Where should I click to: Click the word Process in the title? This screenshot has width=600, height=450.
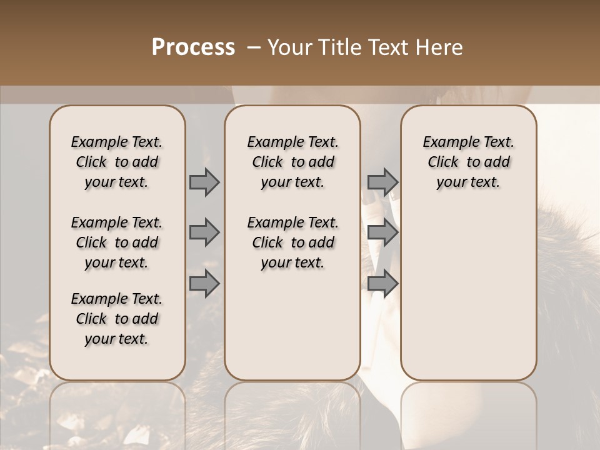coord(193,47)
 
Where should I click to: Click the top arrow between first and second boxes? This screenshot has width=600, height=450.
coord(204,182)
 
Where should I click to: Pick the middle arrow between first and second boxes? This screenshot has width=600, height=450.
coord(204,232)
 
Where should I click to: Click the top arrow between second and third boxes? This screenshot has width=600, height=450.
coord(382,182)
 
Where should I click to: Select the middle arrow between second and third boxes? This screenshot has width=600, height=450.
coord(382,232)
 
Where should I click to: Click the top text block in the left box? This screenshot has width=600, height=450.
coord(117,162)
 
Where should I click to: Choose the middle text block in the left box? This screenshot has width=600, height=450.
coord(117,242)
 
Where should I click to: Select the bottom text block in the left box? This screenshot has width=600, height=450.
coord(117,319)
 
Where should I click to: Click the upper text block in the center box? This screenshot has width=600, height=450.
coord(292,162)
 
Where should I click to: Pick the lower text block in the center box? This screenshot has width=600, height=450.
coord(292,242)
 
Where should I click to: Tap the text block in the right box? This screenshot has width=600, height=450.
coord(468,162)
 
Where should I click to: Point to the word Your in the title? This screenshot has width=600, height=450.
coord(287,47)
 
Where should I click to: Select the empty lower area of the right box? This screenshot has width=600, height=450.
coord(468,287)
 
